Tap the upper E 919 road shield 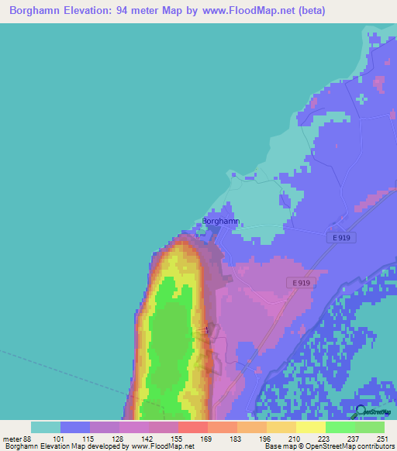pyautogui.click(x=340, y=237)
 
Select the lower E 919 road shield pyautogui.click(x=302, y=283)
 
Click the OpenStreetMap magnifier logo pyautogui.click(x=362, y=413)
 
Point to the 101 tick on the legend pyautogui.click(x=60, y=438)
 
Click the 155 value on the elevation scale pyautogui.click(x=178, y=438)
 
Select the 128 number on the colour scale pyautogui.click(x=119, y=438)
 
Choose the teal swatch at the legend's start pyautogui.click(x=46, y=427)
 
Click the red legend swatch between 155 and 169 pyautogui.click(x=193, y=427)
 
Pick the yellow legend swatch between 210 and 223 pyautogui.click(x=281, y=427)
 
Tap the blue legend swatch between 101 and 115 pyautogui.click(x=75, y=427)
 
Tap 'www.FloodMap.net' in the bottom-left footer pyautogui.click(x=163, y=446)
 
